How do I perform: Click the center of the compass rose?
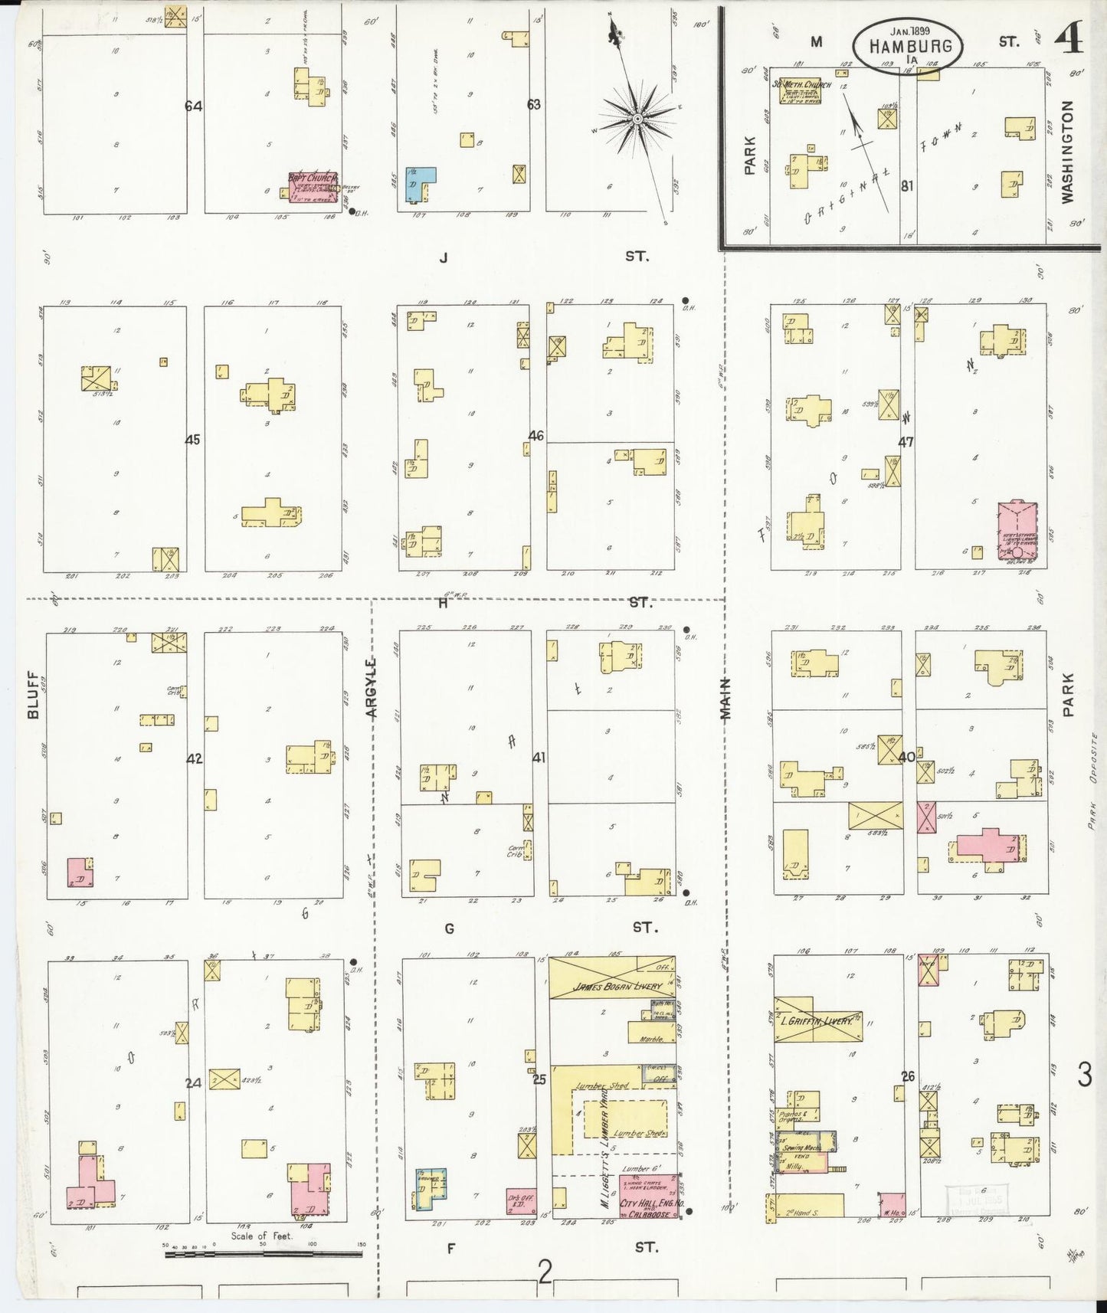tap(637, 120)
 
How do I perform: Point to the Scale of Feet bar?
tap(264, 1254)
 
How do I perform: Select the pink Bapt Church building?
tap(313, 187)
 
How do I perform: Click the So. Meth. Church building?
tap(801, 90)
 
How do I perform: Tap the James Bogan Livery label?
tap(612, 986)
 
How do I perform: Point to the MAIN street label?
tap(725, 699)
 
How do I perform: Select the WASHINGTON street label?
tap(1068, 151)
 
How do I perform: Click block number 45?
tap(192, 440)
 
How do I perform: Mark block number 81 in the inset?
tap(907, 185)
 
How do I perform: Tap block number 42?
tap(195, 758)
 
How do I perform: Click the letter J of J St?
tap(443, 257)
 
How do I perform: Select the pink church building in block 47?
tap(1017, 532)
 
